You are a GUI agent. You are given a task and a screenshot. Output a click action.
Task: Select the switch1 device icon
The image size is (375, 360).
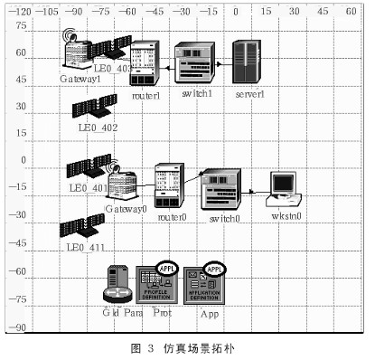click(x=195, y=63)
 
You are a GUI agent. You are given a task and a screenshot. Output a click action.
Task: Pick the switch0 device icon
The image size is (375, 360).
click(x=220, y=190)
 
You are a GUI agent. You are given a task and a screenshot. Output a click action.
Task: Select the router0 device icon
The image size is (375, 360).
click(x=170, y=186)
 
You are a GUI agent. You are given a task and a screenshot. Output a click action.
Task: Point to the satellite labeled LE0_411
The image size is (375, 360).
click(x=83, y=228)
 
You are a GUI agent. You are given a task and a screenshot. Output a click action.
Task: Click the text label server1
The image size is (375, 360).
click(x=248, y=94)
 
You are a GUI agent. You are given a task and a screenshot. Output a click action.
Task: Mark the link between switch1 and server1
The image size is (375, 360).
click(x=224, y=64)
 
